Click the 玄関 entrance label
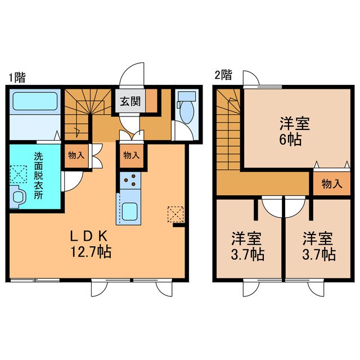coord(130,102)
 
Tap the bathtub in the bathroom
coord(34,102)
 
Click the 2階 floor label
coord(223,74)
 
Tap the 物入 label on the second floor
coord(331,183)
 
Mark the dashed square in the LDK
coord(175,214)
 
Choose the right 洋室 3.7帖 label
coord(319,246)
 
